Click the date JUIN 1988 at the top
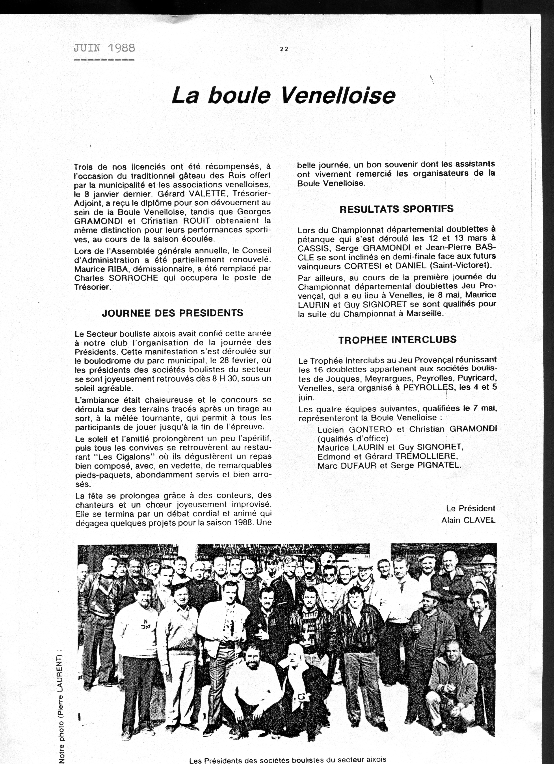(x=104, y=48)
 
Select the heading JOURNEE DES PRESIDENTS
(x=172, y=313)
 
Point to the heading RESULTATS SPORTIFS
(x=396, y=209)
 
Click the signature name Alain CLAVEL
(x=468, y=520)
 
